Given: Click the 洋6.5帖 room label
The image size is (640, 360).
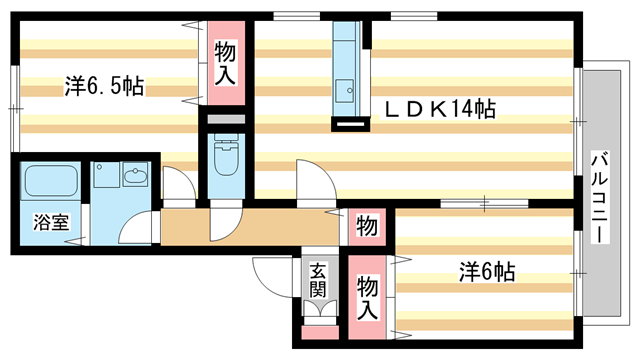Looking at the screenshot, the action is click(104, 87).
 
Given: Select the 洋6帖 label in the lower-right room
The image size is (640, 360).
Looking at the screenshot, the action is click(487, 271).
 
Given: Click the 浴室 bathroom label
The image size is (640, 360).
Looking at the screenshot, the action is click(50, 222).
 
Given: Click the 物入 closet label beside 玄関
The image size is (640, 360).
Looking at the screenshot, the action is click(367, 297).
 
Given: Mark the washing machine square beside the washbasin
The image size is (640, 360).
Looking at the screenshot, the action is click(106, 178).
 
